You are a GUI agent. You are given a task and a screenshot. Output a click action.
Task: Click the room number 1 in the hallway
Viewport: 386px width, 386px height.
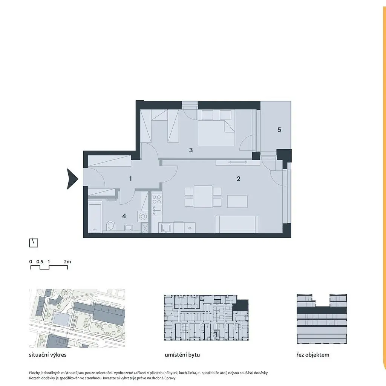pos(130,179)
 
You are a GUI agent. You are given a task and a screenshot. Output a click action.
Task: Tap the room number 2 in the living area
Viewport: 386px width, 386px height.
pos(238,179)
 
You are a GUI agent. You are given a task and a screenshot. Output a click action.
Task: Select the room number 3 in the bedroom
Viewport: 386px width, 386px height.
pos(191,150)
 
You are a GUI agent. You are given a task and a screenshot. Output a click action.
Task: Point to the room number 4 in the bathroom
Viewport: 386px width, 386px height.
pos(124,216)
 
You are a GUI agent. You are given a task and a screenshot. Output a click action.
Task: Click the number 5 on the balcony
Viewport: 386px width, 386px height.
pos(279,130)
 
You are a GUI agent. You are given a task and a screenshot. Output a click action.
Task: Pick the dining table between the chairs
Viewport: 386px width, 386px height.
pos(203,197)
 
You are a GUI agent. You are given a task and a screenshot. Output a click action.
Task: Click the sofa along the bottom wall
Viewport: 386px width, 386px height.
pos(237,225)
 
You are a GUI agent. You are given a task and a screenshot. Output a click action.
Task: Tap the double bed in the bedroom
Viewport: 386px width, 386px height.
pos(216,128)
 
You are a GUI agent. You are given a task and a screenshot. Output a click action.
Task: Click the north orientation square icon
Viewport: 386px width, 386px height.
pos(34,243)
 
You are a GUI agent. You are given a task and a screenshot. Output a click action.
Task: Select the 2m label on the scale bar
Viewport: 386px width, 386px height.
pos(67,262)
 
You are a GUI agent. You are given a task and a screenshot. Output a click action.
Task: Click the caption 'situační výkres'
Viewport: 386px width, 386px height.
pos(48,355)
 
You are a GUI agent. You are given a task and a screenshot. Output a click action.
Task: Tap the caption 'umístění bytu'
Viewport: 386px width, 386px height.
pos(182,355)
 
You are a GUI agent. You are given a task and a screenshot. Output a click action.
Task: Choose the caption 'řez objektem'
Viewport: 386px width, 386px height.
pos(313,355)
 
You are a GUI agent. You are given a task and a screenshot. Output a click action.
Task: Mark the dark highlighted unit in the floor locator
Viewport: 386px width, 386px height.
pos(240,305)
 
